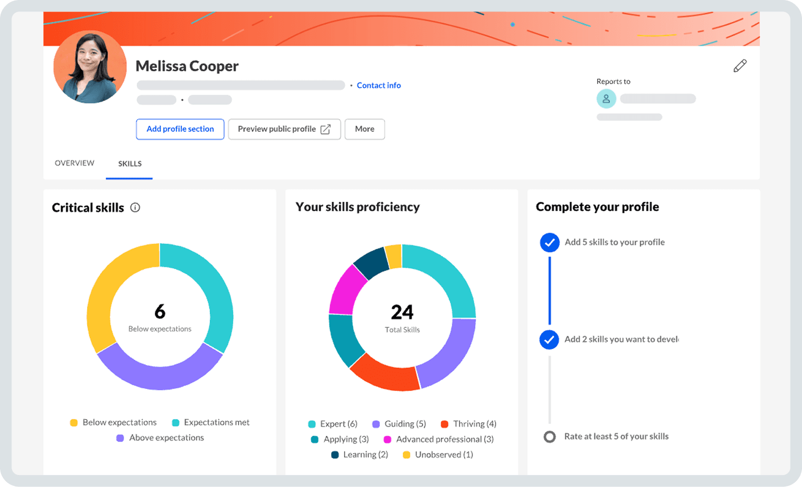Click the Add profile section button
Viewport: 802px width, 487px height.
180,129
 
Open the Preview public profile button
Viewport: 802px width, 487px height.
284,129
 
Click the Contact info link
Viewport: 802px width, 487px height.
379,86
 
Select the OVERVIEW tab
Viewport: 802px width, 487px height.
75,163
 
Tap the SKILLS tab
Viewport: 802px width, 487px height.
129,164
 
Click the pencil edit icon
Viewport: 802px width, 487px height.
740,66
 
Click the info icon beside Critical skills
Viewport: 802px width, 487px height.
135,208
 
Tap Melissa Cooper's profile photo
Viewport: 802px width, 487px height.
90,67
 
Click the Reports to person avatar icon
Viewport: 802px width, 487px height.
606,99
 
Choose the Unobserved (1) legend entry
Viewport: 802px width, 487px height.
438,455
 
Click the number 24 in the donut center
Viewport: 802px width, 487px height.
402,312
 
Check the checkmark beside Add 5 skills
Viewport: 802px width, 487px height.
549,242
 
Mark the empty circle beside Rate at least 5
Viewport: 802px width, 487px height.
549,436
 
